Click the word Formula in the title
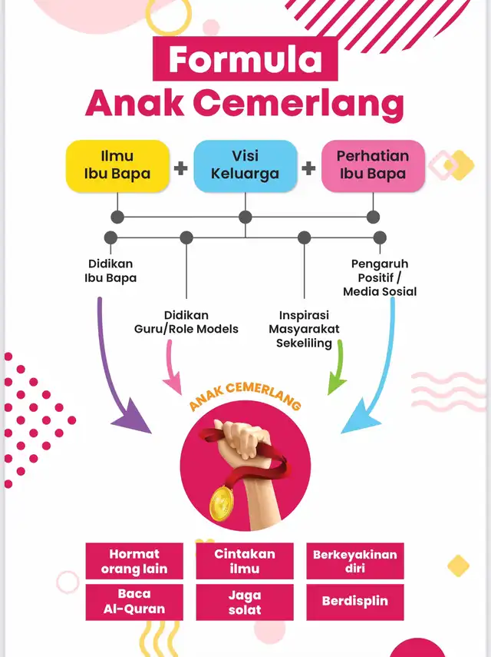click(x=245, y=59)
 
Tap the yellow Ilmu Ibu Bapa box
click(x=117, y=166)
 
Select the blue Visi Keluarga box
click(x=245, y=166)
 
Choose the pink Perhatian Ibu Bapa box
click(x=373, y=166)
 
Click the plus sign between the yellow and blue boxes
click(x=181, y=168)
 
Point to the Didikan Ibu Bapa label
click(x=110, y=270)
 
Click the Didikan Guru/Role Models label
click(x=186, y=322)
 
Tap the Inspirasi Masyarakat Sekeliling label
click(x=304, y=329)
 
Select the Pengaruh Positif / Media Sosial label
click(x=380, y=277)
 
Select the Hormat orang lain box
click(x=134, y=561)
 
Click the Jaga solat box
click(x=245, y=602)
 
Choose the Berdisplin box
click(x=355, y=602)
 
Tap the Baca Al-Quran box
click(x=134, y=602)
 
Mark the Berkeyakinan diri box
click(x=355, y=561)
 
